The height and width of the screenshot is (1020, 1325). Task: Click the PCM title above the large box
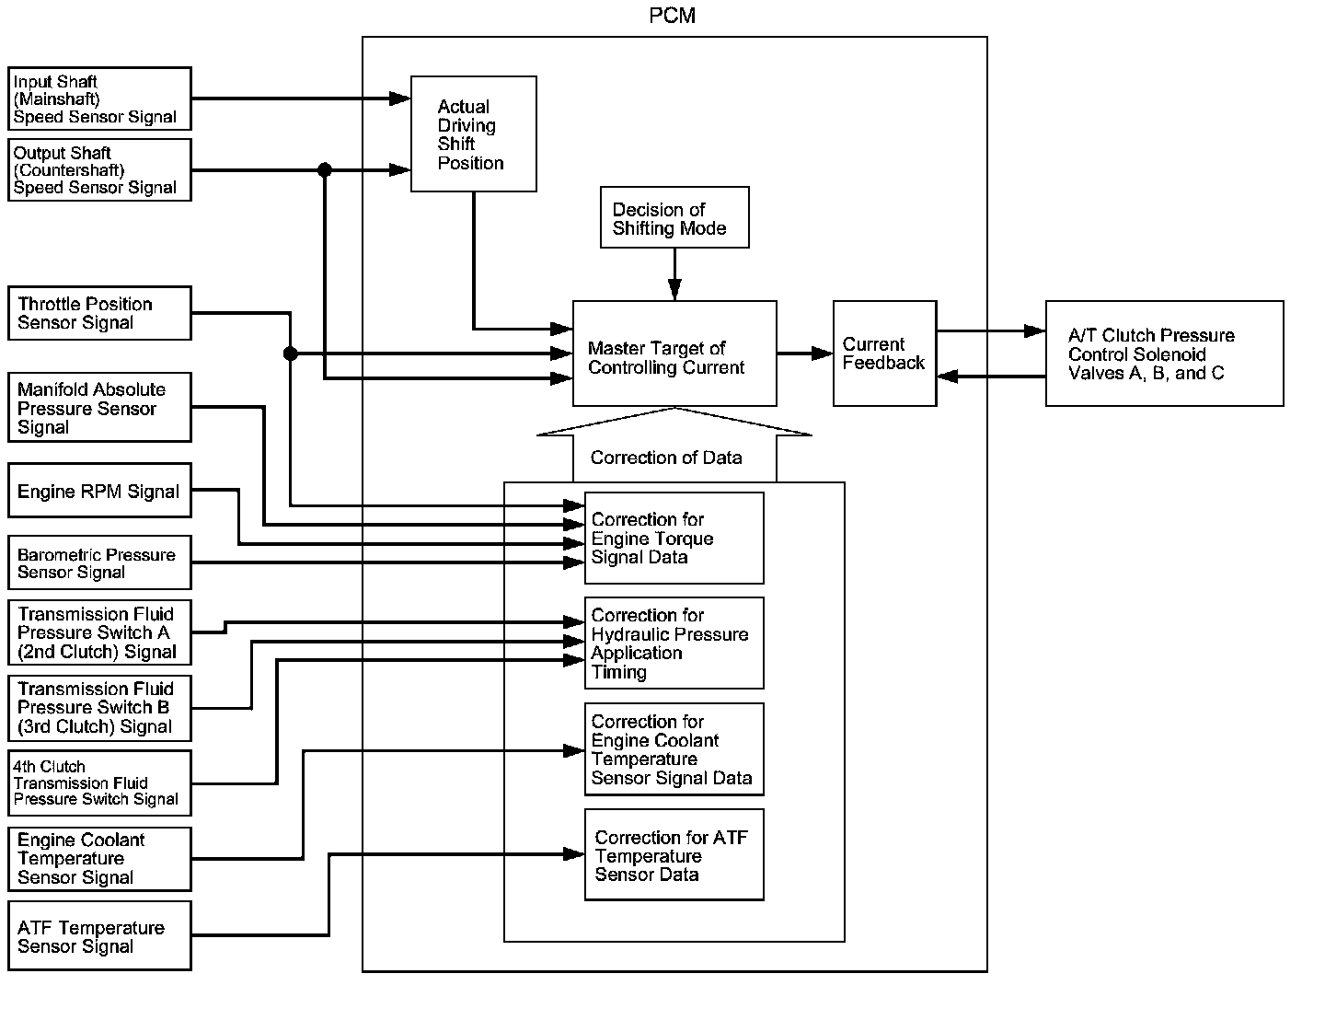pyautogui.click(x=673, y=17)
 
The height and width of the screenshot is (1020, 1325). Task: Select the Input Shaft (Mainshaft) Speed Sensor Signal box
pyautogui.click(x=99, y=99)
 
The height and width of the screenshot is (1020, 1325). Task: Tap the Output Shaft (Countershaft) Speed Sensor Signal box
pyautogui.click(x=99, y=170)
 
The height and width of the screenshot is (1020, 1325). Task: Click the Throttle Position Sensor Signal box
pyautogui.click(x=99, y=313)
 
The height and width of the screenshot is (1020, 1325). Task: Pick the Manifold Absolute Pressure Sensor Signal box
pyautogui.click(x=99, y=408)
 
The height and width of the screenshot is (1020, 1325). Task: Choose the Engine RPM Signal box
pyautogui.click(x=99, y=491)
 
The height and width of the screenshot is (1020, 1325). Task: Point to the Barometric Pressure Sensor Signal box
pyautogui.click(x=99, y=562)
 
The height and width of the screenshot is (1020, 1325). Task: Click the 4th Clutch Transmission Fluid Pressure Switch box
pyautogui.click(x=99, y=782)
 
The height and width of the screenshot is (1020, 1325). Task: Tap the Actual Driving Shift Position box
pyautogui.click(x=473, y=134)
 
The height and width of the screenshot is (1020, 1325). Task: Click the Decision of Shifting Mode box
pyautogui.click(x=674, y=218)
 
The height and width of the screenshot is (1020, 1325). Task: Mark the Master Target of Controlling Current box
pyautogui.click(x=674, y=354)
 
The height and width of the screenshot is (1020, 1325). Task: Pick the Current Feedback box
pyautogui.click(x=884, y=354)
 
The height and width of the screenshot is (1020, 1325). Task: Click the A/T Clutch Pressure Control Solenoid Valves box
pyautogui.click(x=1164, y=354)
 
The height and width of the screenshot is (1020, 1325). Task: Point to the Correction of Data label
pyautogui.click(x=666, y=458)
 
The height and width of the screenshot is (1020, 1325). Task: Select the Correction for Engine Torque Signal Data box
pyautogui.click(x=674, y=539)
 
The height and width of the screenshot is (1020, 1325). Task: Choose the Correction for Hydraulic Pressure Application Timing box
pyautogui.click(x=674, y=643)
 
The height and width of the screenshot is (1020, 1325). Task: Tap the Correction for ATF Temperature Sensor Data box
pyautogui.click(x=674, y=855)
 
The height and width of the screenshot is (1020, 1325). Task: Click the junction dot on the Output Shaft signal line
pyautogui.click(x=324, y=170)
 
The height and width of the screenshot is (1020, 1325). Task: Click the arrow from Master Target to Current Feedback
pyautogui.click(x=805, y=354)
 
